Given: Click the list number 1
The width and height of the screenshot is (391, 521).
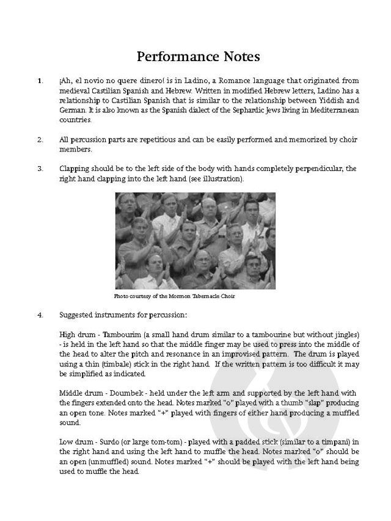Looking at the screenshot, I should (40, 81).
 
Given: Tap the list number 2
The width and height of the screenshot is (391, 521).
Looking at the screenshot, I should (40, 139).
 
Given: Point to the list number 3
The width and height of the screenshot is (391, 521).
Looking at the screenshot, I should (40, 168).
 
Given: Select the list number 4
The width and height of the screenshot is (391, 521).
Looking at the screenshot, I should (40, 316).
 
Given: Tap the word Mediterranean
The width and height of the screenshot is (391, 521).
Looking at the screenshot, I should (331, 110).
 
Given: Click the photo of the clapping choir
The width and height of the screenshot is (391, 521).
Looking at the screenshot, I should (195, 241).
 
